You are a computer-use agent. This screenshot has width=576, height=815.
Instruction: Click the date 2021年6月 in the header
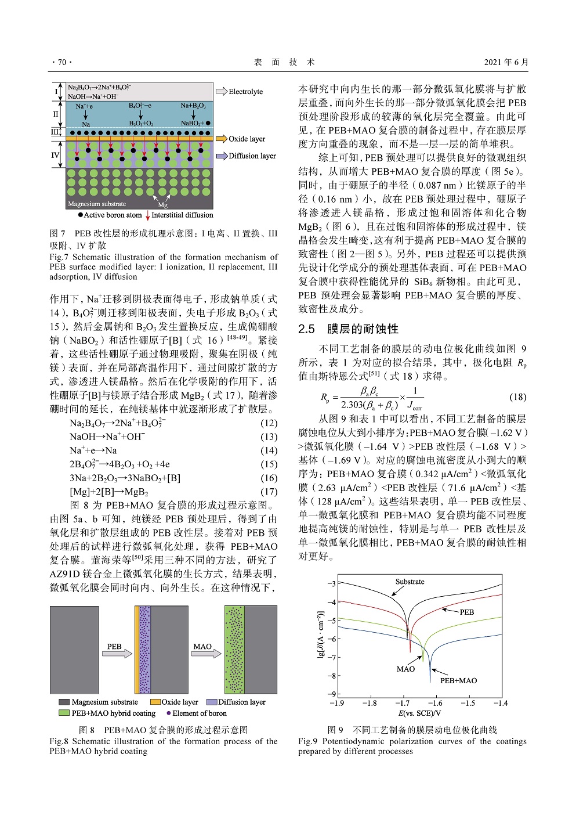(x=506, y=62)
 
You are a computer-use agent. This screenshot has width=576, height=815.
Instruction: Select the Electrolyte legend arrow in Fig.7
(x=221, y=91)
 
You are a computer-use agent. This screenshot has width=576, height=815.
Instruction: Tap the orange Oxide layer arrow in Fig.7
(x=221, y=139)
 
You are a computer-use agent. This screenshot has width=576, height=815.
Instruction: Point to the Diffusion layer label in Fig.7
(x=252, y=156)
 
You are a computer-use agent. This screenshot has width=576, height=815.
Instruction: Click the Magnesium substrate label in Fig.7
(x=96, y=204)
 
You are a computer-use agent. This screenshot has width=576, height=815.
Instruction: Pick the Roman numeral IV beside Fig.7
(x=55, y=155)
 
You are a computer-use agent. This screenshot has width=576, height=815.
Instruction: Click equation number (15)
(x=269, y=464)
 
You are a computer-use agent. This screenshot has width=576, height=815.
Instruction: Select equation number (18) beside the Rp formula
(x=517, y=397)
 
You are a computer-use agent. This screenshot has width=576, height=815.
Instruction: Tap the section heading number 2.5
(x=306, y=329)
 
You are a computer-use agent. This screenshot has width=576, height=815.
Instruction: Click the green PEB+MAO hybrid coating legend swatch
(x=64, y=713)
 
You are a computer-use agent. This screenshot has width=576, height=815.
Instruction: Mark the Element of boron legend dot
(x=168, y=713)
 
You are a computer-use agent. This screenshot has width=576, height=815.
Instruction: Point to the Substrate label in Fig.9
(x=410, y=582)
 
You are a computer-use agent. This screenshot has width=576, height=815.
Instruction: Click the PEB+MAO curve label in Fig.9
(x=458, y=680)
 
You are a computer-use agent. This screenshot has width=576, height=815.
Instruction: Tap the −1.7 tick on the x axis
(x=402, y=703)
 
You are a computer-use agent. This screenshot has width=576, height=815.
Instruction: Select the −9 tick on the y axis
(x=332, y=694)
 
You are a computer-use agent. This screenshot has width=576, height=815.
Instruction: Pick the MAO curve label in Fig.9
(x=405, y=669)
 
